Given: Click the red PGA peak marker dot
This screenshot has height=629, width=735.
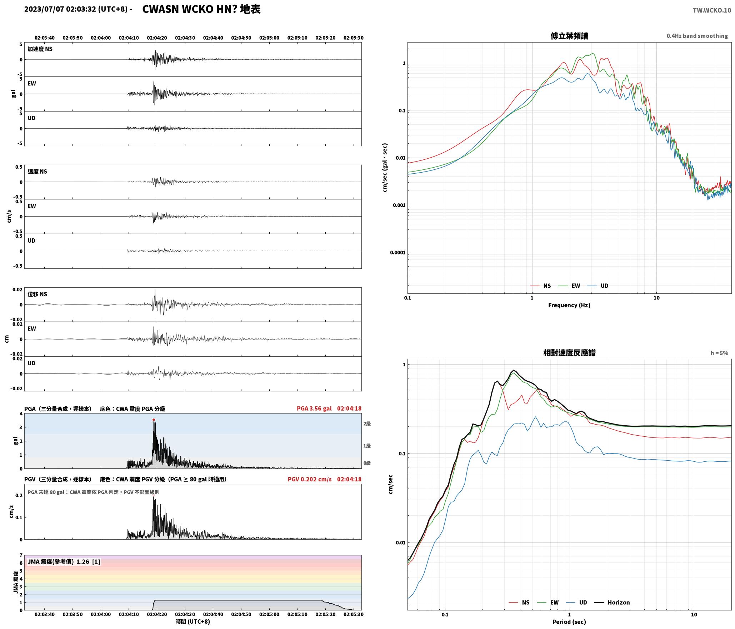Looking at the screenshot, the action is (x=154, y=420).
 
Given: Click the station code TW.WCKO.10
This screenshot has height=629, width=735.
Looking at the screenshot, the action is (x=712, y=10).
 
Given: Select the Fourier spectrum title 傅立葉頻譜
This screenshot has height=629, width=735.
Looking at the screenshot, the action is (x=569, y=36).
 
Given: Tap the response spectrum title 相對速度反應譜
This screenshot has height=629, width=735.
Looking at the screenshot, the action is (x=569, y=353).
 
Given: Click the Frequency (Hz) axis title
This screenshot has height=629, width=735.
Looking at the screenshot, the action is (x=569, y=305).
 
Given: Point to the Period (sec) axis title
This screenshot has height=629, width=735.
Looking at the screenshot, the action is (x=569, y=621).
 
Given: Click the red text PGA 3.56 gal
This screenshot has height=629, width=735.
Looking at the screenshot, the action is (x=314, y=408).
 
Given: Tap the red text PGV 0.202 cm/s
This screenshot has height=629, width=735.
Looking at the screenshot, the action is (x=310, y=479).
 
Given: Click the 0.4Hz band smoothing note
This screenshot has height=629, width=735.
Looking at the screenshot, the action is (x=697, y=36).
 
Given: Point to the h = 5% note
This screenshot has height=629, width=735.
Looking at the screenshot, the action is (x=719, y=353).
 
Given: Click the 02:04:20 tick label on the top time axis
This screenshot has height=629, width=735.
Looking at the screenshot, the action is (x=157, y=38).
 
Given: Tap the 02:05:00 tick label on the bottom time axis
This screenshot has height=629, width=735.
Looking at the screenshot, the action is (x=269, y=614).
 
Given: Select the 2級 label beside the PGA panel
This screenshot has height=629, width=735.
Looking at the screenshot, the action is (x=367, y=424).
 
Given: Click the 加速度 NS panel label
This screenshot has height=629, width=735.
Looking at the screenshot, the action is (x=40, y=49).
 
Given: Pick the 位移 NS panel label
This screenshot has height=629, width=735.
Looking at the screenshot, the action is (x=37, y=294).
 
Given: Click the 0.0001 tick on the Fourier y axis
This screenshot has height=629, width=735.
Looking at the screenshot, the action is (x=397, y=252).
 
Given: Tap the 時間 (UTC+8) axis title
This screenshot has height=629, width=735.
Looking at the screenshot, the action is (x=193, y=621).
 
